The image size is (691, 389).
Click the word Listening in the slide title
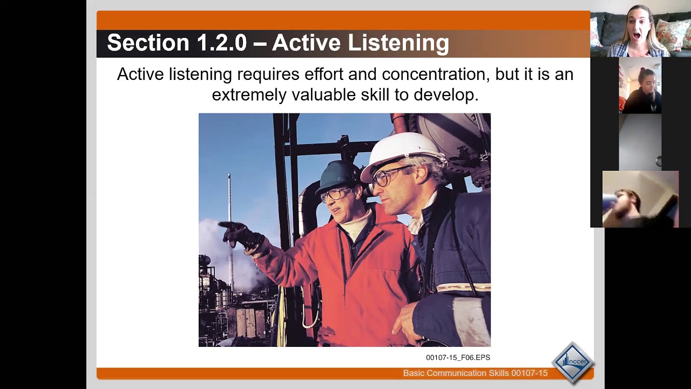coord(398,43)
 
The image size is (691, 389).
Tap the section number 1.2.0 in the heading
coord(222,43)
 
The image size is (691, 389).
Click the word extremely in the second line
coord(249,95)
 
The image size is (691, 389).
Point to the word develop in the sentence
coord(445,95)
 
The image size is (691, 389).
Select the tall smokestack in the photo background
coord(229,227)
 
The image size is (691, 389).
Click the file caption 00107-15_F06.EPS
coord(458,357)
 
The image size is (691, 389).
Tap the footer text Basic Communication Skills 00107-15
coord(475,373)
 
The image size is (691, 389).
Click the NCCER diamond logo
coord(572,363)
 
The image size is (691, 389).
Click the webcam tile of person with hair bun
coord(640,86)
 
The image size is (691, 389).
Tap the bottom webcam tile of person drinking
coord(640,199)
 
